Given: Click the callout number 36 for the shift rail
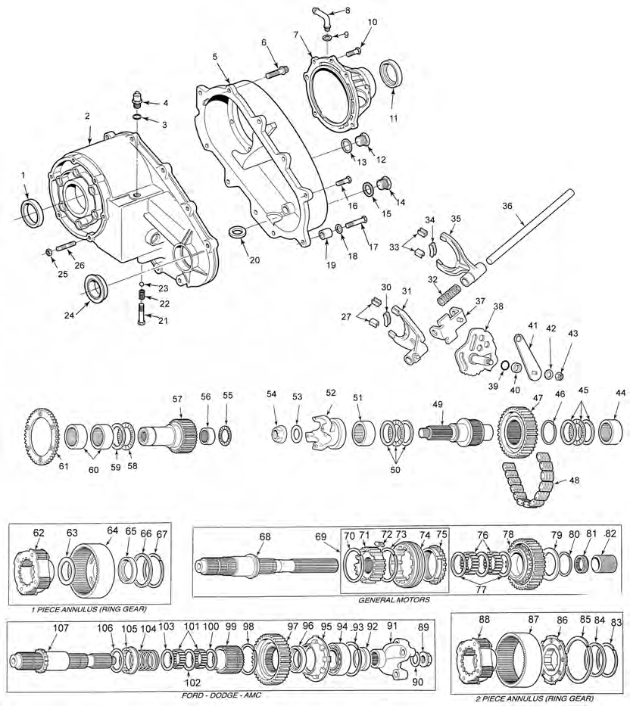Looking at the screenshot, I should click(x=507, y=205).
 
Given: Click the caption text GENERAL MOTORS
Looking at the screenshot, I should click(x=395, y=599).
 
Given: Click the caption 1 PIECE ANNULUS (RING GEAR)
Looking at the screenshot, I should click(x=80, y=608).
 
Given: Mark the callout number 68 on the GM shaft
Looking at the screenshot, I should click(x=264, y=537).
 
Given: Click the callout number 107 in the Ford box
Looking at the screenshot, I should click(x=61, y=627).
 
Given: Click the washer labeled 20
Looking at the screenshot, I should click(x=237, y=230).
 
